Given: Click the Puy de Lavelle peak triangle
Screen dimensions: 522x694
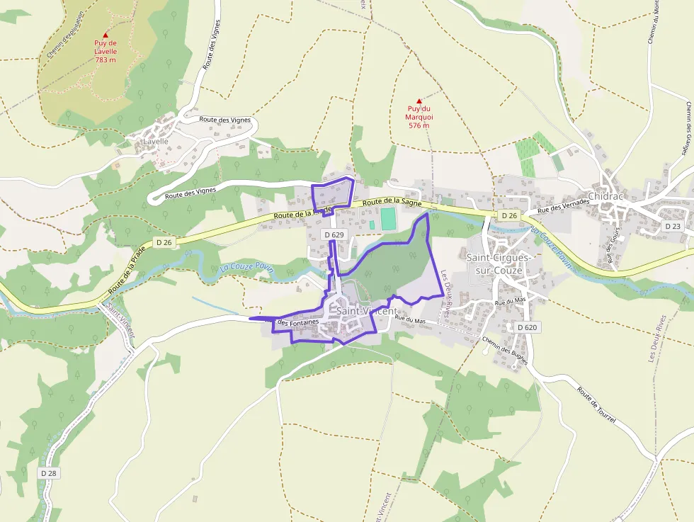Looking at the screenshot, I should point(106,35).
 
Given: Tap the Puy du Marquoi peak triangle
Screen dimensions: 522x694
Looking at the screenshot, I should point(419,101).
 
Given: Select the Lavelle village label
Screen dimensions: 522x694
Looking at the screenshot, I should point(156,141).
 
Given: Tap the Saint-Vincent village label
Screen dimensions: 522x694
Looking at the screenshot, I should point(366,311).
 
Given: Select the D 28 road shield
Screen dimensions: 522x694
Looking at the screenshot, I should point(48,472).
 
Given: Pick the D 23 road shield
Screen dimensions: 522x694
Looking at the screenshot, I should point(672,226).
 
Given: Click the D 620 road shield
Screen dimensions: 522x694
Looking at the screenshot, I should point(528,327).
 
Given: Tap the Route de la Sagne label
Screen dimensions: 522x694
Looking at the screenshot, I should point(387,203).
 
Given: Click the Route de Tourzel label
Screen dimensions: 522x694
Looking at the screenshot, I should point(596,405).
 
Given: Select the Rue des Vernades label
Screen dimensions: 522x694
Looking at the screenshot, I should point(563,207).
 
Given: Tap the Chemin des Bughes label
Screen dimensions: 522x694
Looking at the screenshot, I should point(504,350).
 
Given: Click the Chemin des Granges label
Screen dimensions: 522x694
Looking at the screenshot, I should point(688,128).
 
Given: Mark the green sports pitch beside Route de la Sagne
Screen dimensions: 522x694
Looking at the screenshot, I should point(389,219).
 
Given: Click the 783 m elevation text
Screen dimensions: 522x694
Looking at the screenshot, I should point(105,59).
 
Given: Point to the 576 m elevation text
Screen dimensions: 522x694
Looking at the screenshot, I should point(419,125).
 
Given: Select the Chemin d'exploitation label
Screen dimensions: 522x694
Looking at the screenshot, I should point(64,35).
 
